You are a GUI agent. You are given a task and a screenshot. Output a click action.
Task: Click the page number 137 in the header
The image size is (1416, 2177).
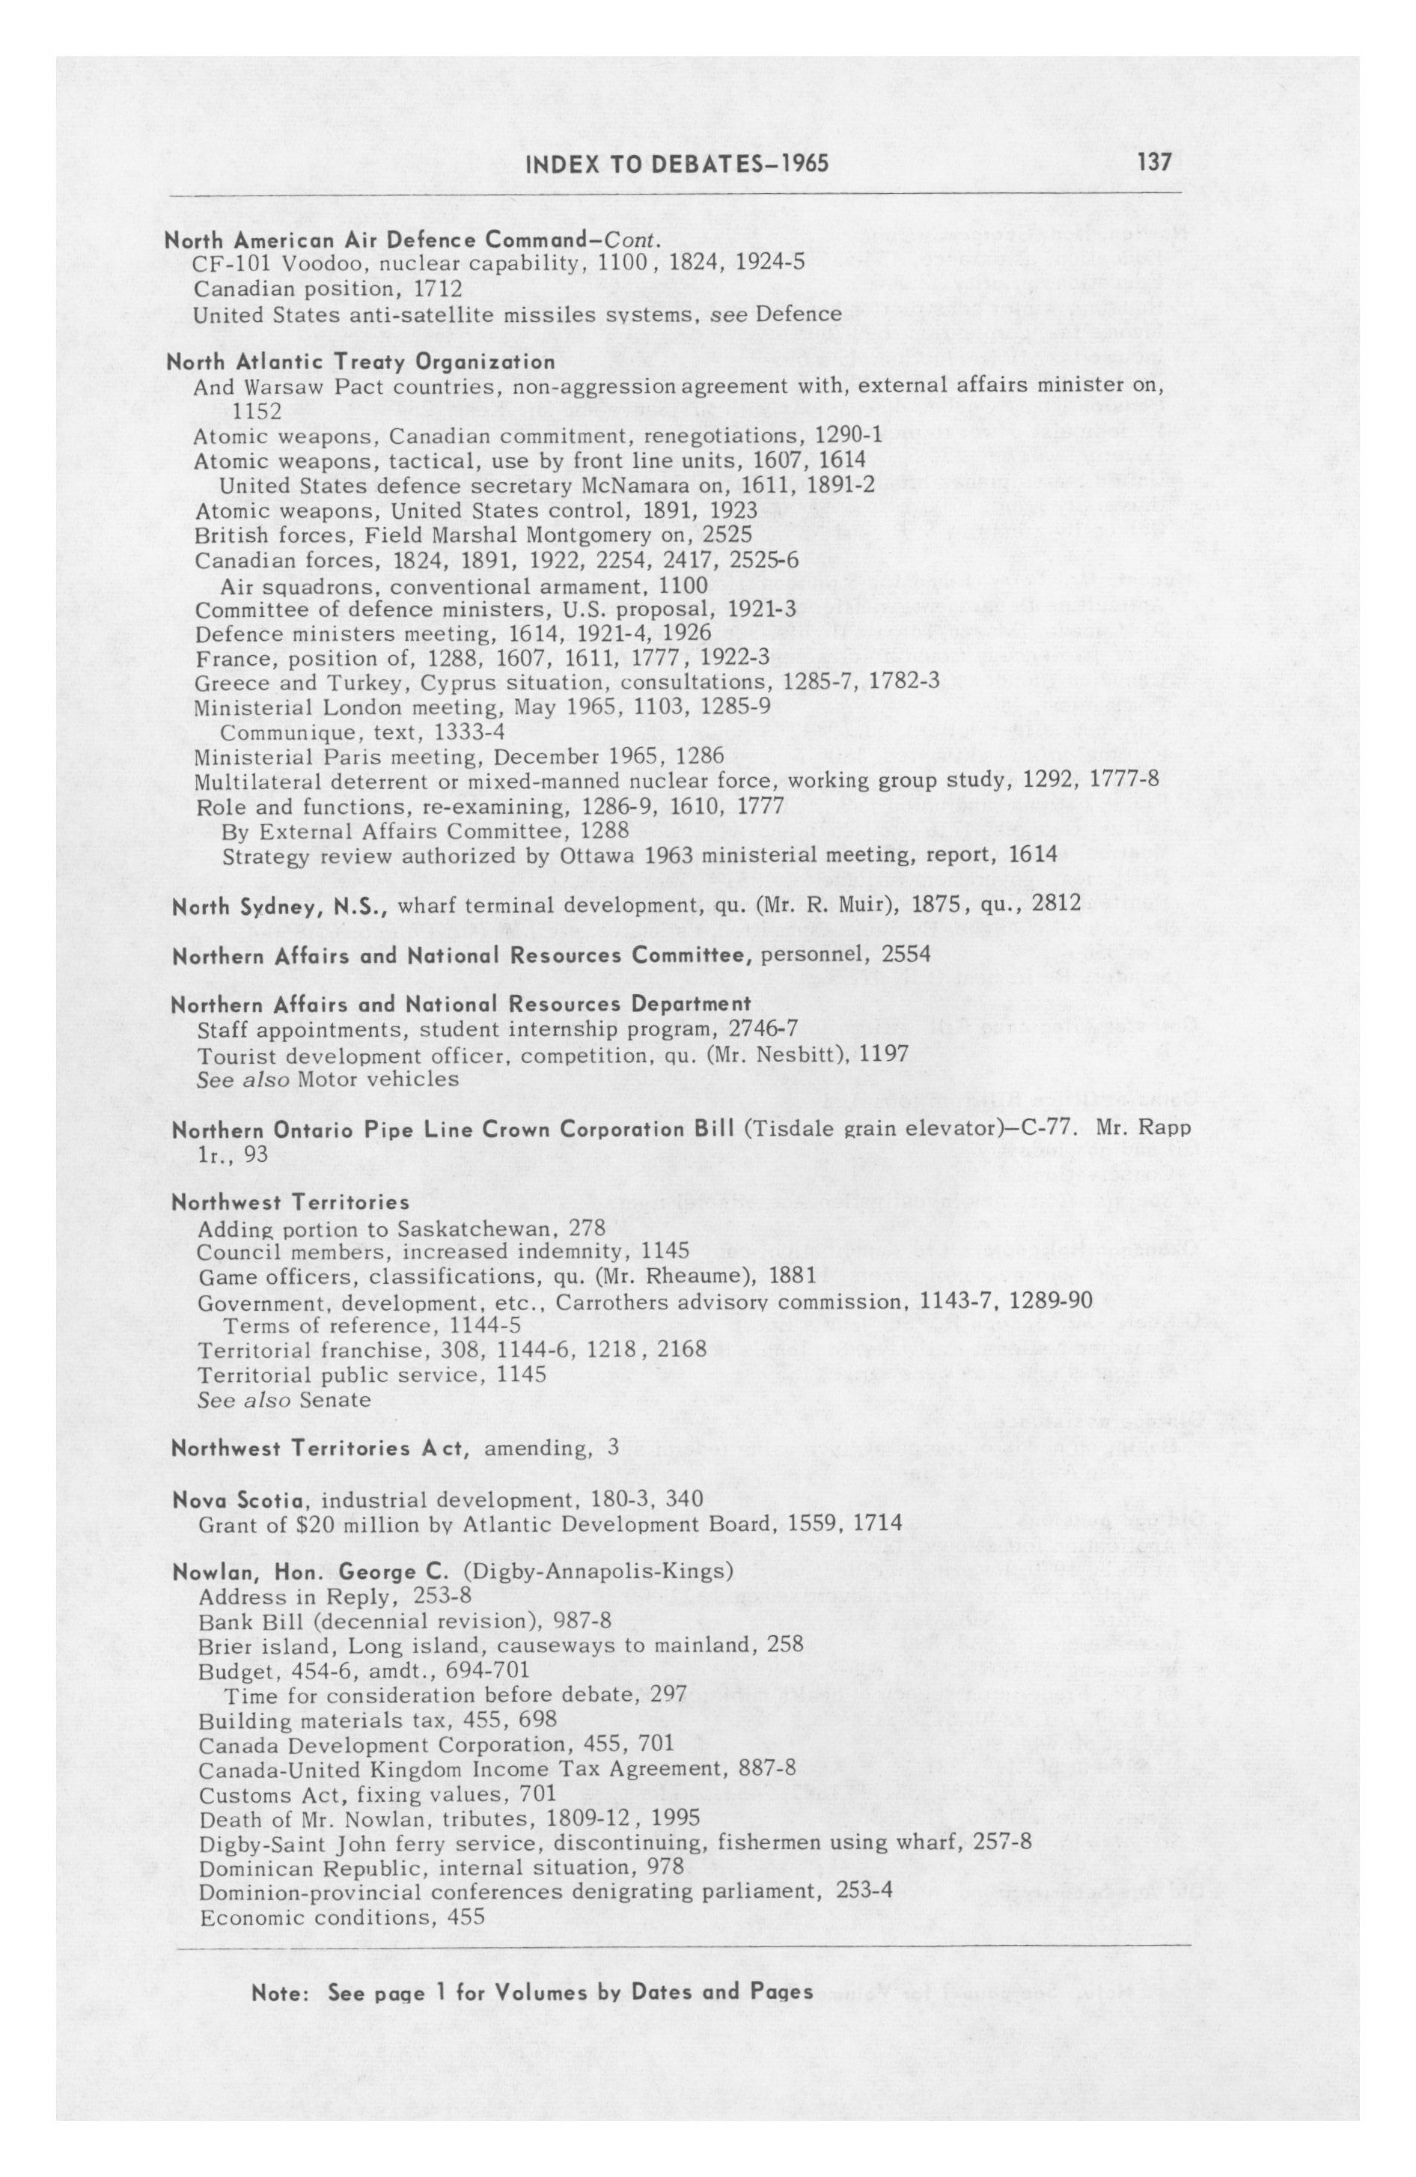[x=1154, y=162]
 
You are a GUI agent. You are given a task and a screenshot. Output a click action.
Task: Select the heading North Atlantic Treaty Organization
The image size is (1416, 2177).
[x=361, y=362]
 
